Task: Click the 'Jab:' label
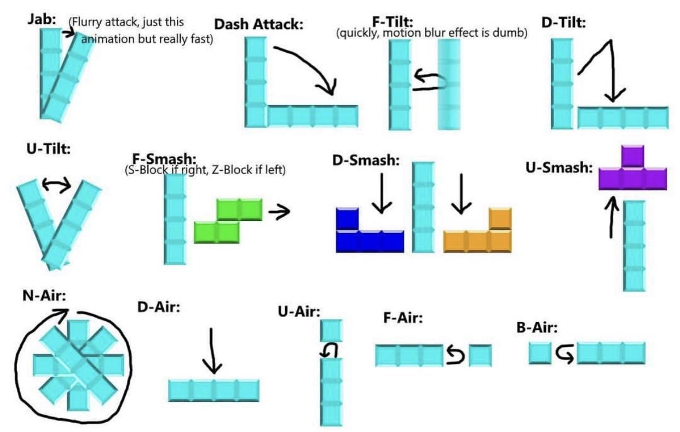tap(42, 19)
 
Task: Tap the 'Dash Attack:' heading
tap(258, 24)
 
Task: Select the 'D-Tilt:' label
tap(563, 22)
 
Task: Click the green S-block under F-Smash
tap(228, 221)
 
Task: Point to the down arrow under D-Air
tap(212, 351)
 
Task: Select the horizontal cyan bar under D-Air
tap(214, 391)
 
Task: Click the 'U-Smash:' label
tap(559, 168)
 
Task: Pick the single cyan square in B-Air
tap(540, 353)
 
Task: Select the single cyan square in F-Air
tap(480, 355)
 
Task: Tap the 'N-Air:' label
tap(44, 295)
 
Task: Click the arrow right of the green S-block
tap(279, 211)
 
